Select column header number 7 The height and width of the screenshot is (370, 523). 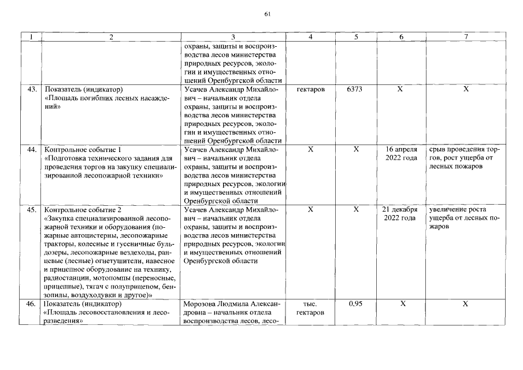(x=466, y=36)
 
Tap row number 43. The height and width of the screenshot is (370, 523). (x=32, y=90)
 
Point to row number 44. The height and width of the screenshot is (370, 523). (x=32, y=150)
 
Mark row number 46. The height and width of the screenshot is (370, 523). (x=32, y=304)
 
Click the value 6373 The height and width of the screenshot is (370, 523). (x=357, y=90)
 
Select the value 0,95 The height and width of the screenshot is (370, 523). (x=357, y=304)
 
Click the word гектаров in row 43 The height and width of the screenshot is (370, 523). (x=311, y=90)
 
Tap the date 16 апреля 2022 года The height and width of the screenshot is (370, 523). (x=401, y=154)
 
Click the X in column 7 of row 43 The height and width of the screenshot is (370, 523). (x=466, y=90)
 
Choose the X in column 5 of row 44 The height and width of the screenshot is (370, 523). (x=357, y=150)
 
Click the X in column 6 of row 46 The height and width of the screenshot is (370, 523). (x=401, y=304)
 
